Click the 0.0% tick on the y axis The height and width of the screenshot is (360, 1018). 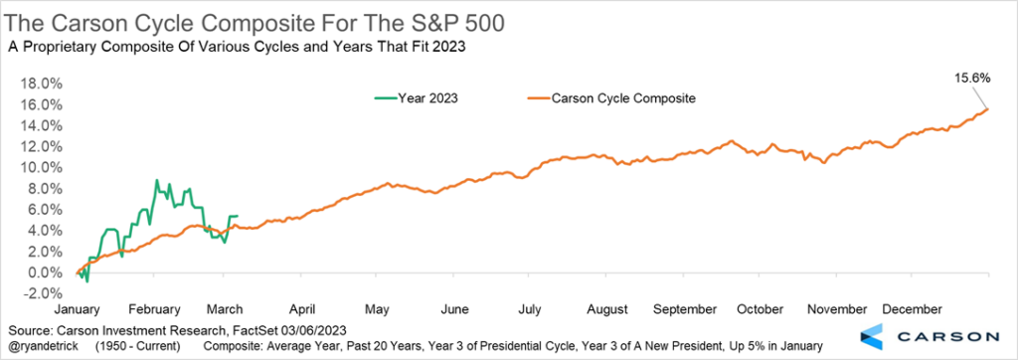[45, 271]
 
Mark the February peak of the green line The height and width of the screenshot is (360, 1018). [156, 180]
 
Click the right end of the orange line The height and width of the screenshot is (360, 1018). [987, 108]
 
